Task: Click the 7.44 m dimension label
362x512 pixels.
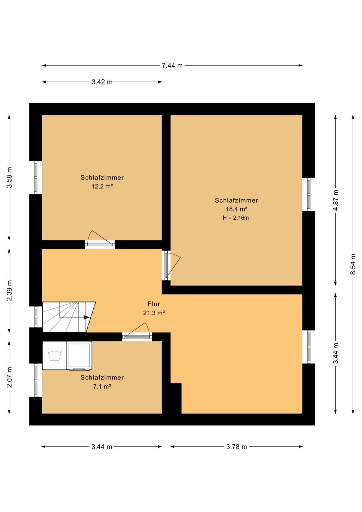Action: pos(172,66)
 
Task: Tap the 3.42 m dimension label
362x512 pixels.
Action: pos(102,82)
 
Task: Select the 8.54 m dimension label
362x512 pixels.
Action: pos(353,264)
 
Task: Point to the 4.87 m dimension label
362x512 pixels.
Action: pos(336,200)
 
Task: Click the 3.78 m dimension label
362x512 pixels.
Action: pos(236,447)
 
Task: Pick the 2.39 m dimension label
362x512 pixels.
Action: pos(9,291)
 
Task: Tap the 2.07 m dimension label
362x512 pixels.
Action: pos(9,377)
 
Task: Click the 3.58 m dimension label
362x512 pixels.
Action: pos(9,178)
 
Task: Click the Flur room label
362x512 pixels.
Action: pos(154,304)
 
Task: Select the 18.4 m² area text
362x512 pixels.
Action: pos(236,209)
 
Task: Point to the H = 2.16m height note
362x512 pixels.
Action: pos(236,218)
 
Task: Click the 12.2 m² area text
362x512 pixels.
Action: pos(102,186)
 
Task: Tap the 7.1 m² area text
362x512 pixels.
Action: pos(102,386)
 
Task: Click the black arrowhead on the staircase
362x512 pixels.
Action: pos(86,317)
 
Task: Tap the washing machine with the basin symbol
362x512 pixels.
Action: pos(55,356)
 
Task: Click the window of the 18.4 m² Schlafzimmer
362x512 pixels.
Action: pos(309,194)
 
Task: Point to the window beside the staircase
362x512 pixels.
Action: pos(36,317)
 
